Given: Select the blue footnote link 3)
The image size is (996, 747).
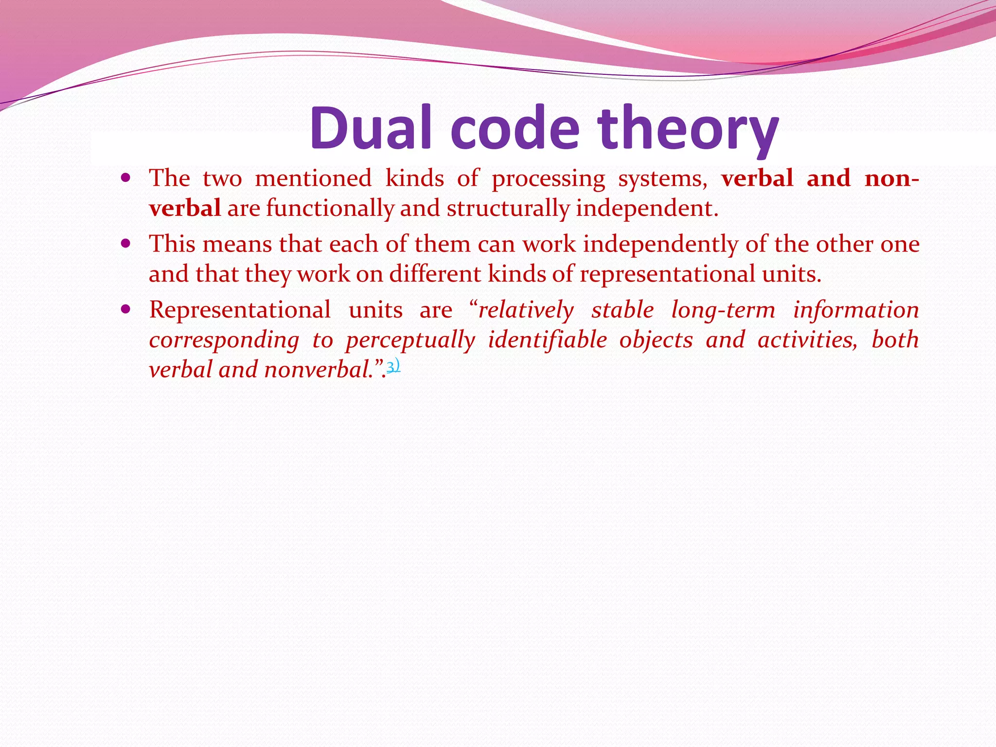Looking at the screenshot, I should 393,366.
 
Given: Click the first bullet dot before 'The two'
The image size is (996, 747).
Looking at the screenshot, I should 126,178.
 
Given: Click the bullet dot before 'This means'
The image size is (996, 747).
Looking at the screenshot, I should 126,243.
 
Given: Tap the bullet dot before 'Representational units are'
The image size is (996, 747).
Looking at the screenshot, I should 126,309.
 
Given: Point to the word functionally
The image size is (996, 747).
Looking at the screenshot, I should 330,209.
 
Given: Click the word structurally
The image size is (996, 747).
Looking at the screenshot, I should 508,209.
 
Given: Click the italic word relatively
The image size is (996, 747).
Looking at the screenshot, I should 526,310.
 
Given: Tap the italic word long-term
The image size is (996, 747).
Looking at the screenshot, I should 723,310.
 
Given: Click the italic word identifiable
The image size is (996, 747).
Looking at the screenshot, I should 547,339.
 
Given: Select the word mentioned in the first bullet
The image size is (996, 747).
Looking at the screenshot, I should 313,178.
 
